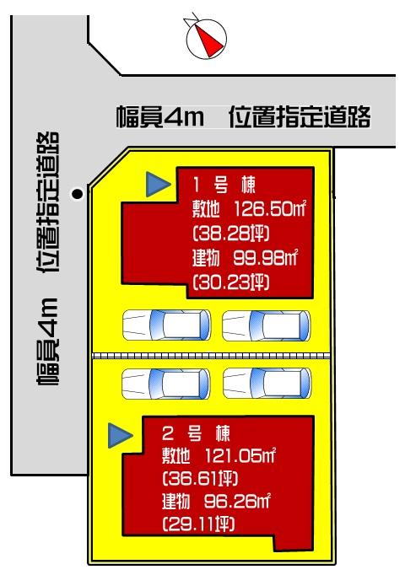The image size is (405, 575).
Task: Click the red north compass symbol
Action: click(x=207, y=36)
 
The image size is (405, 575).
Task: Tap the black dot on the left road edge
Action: click(x=77, y=194)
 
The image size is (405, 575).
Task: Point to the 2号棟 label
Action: click(x=195, y=435)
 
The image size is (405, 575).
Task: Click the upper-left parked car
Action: click(x=166, y=324)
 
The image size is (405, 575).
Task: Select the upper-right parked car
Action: click(x=266, y=324)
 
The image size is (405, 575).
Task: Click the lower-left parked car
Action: click(x=166, y=384)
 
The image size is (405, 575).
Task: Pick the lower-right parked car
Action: click(x=266, y=384)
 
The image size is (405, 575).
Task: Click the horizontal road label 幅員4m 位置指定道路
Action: click(x=243, y=118)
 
